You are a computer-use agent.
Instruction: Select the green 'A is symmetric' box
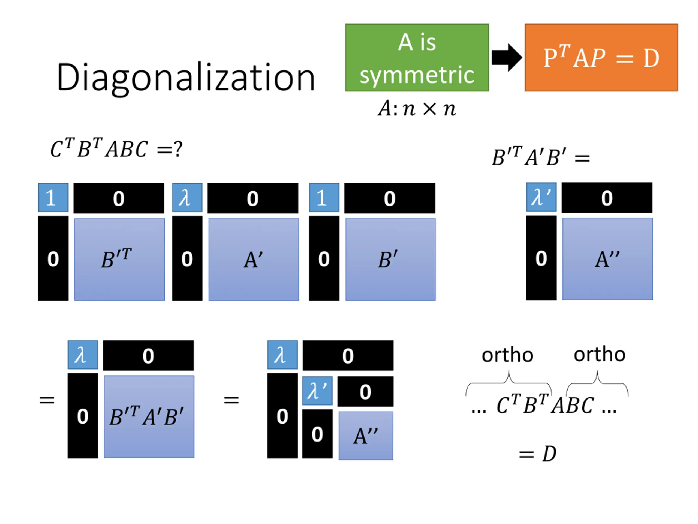417,58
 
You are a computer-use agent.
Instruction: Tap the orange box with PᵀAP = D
601,58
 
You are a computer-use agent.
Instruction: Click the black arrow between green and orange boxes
507,58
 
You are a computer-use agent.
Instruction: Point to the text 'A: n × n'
417,108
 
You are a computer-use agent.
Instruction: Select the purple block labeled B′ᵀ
120,259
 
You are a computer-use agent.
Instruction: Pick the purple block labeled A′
254,259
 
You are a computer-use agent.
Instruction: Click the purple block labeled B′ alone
390,259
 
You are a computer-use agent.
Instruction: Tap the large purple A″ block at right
607,259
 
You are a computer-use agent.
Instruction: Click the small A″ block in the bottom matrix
366,436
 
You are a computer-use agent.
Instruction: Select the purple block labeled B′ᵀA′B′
149,416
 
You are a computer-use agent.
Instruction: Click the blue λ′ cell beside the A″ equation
541,197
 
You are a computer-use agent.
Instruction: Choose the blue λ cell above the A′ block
187,197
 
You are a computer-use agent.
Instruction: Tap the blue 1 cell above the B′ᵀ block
53,197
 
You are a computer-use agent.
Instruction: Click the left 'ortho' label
507,355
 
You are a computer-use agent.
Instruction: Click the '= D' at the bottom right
538,454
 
